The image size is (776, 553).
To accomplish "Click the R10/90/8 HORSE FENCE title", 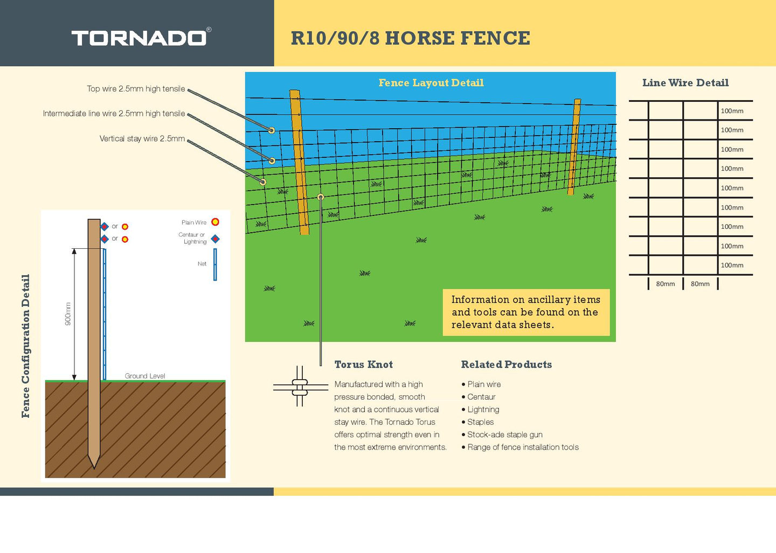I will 410,38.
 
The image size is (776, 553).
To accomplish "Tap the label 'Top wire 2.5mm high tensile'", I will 136,89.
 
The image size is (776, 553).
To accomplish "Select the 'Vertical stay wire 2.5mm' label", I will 142,139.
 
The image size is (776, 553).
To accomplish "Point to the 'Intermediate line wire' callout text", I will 114,114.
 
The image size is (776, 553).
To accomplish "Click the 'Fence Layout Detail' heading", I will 431,83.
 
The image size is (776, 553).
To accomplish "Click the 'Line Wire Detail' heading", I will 685,83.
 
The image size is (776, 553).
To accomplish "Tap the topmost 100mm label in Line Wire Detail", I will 732,111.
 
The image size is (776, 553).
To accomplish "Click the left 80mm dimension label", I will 665,284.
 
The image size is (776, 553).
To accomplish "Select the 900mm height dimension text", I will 68,313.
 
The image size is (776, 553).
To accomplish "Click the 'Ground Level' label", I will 145,376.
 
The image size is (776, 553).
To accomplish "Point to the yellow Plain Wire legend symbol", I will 215,222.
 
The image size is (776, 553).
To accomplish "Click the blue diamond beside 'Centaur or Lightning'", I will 215,239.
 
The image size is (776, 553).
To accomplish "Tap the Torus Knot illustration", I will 300,386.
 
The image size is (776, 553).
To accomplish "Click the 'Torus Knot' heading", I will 363,365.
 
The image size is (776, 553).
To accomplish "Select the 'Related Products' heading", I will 506,365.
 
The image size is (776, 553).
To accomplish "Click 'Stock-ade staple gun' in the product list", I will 504,435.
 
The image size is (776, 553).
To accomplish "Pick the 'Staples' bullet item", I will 480,422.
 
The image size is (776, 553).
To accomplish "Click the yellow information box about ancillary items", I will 525,312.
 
